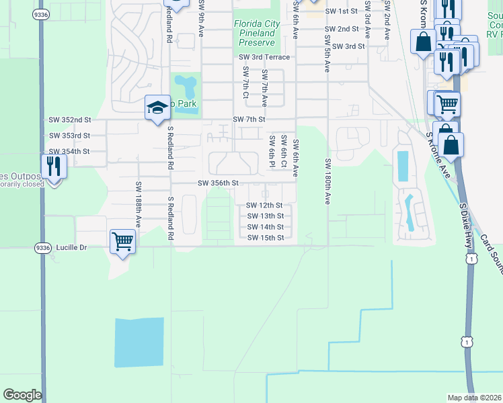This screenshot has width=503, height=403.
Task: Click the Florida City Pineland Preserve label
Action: pyautogui.click(x=257, y=32)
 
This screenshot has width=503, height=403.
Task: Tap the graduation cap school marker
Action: pyautogui.click(x=157, y=107)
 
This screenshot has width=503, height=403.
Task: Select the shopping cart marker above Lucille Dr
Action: pyautogui.click(x=122, y=240)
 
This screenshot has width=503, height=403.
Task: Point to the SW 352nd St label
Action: pyautogui.click(x=70, y=120)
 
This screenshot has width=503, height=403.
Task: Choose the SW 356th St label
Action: pyautogui.click(x=219, y=183)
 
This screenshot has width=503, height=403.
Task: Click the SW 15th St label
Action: pyautogui.click(x=265, y=237)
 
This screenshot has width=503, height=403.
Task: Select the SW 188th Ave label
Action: pyautogui.click(x=139, y=205)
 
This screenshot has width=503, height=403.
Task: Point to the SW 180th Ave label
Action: pyautogui.click(x=328, y=181)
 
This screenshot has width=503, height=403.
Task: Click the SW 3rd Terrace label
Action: pyautogui.click(x=264, y=57)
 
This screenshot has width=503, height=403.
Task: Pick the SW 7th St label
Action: pyautogui.click(x=249, y=119)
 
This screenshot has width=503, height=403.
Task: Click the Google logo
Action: pyautogui.click(x=22, y=395)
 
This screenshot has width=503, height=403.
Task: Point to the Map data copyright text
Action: pyautogui.click(x=475, y=398)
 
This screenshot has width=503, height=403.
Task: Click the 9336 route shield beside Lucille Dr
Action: pyautogui.click(x=41, y=247)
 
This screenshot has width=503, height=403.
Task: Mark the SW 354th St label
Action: pyautogui.click(x=69, y=152)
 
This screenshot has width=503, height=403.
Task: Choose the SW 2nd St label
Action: pyautogui.click(x=341, y=29)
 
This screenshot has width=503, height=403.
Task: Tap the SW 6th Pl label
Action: pyautogui.click(x=272, y=148)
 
